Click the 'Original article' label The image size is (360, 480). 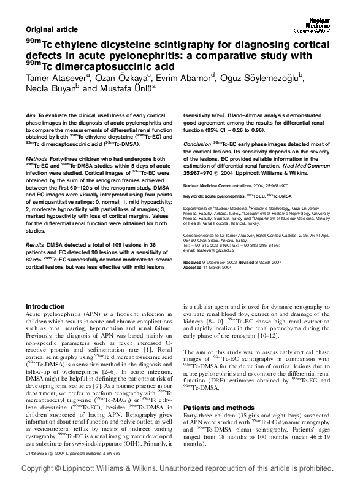(52, 29)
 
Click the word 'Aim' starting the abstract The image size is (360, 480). (30, 115)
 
